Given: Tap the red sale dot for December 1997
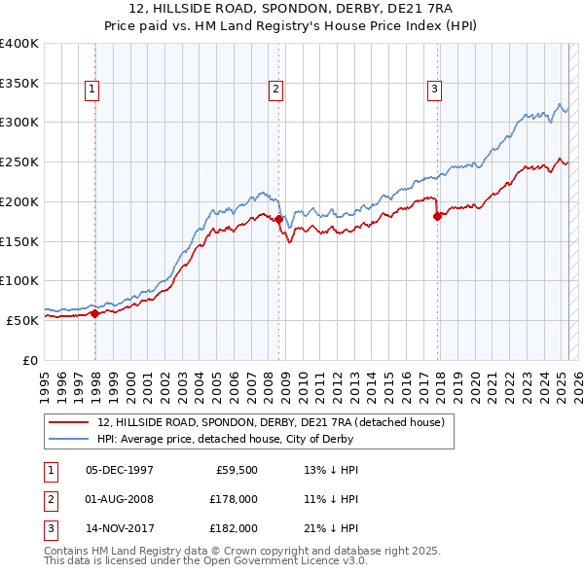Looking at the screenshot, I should [94, 313].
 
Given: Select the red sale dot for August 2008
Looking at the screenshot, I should [278, 220].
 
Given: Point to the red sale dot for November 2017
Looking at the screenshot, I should [437, 216].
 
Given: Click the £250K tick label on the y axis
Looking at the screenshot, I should [19, 162].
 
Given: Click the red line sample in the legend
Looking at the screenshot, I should [68, 422].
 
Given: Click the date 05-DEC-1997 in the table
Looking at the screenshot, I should [120, 470].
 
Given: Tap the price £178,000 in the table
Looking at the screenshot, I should [234, 499].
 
